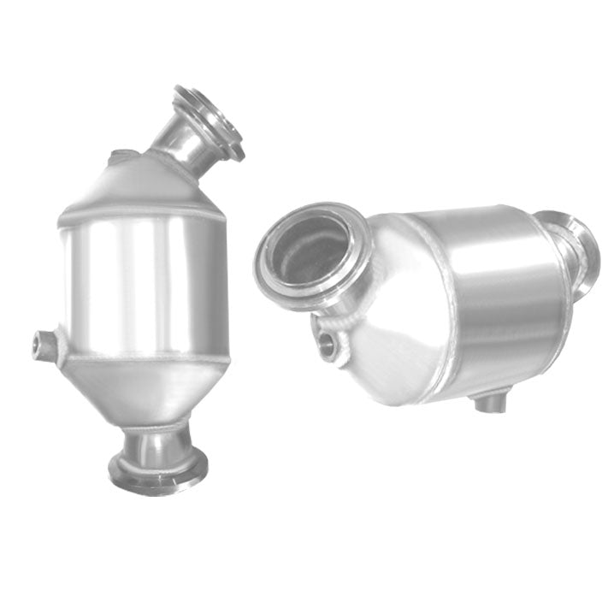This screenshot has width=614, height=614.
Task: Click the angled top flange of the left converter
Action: pyautogui.click(x=210, y=120)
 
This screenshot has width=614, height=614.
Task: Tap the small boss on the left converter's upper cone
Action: pyautogui.click(x=120, y=157)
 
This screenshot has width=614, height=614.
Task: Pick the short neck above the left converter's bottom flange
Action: pyautogui.click(x=159, y=445)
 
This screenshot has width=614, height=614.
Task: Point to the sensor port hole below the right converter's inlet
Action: pyautogui.click(x=328, y=344)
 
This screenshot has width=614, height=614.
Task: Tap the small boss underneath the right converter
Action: pyautogui.click(x=489, y=400)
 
